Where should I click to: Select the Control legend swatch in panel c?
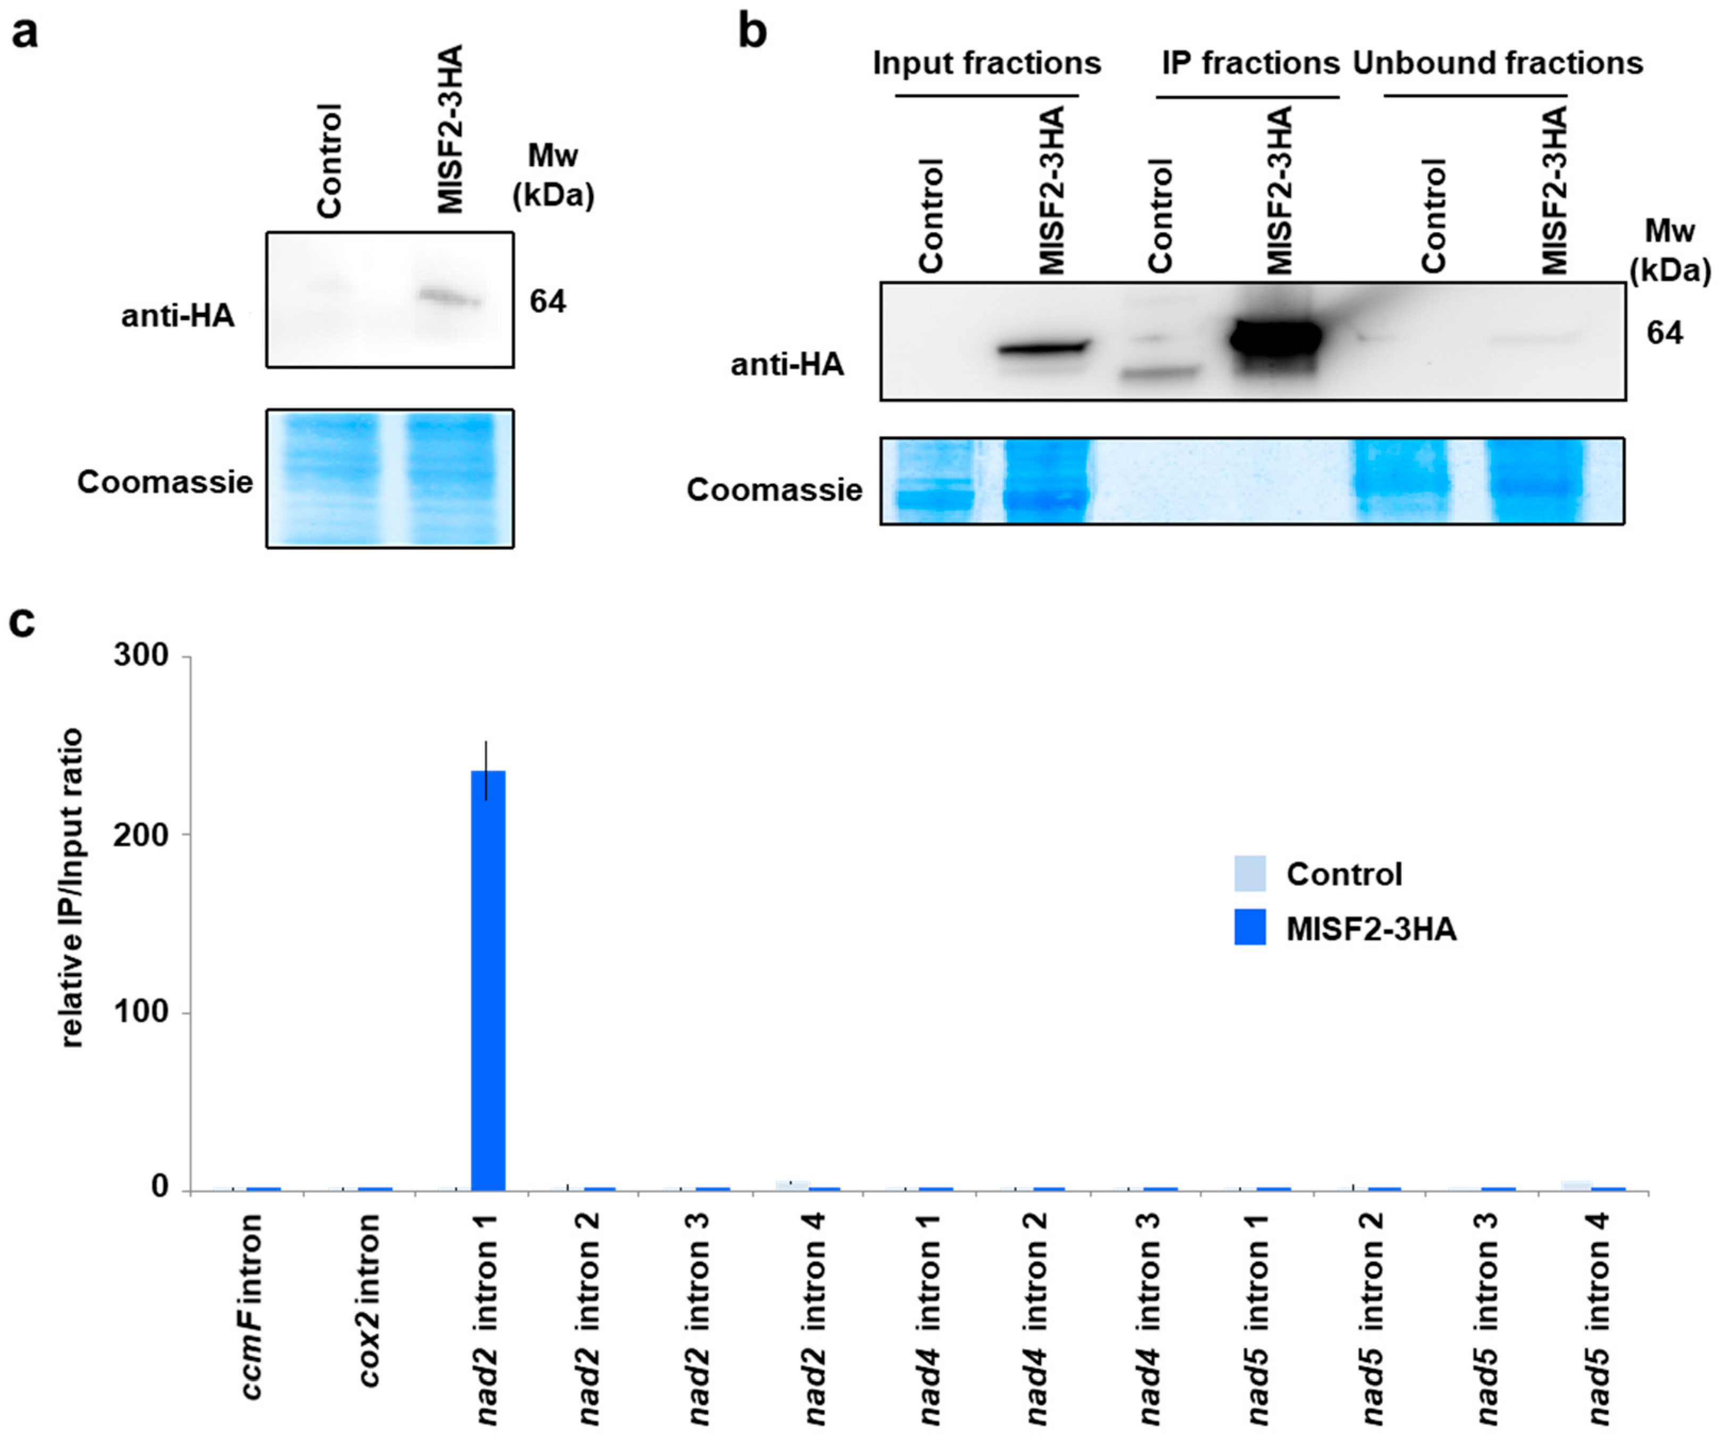(1250, 874)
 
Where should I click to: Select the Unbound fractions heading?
(1497, 63)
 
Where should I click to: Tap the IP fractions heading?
(1250, 63)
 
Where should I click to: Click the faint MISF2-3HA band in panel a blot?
(449, 296)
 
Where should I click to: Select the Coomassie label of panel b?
(774, 490)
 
